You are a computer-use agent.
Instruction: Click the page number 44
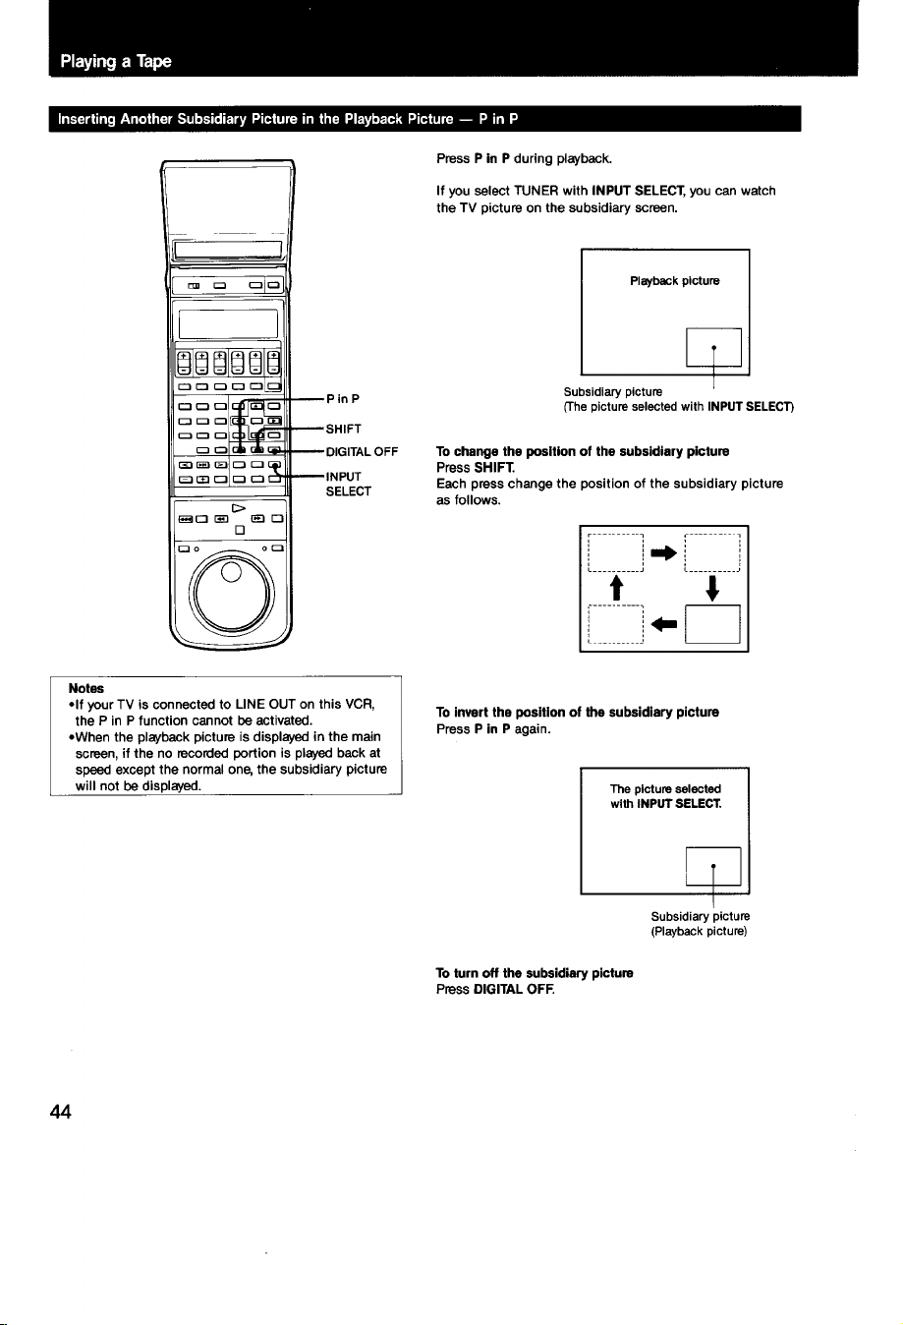61,1113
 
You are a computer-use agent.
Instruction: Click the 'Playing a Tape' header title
116,62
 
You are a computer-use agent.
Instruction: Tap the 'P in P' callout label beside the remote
342,399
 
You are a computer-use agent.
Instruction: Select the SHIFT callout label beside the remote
343,429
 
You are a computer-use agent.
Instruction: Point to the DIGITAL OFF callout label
362,452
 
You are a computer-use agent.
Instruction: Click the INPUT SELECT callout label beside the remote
348,484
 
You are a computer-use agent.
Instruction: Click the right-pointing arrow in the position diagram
663,553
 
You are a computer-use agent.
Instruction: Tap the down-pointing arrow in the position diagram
712,589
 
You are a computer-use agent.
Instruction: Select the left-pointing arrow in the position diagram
663,623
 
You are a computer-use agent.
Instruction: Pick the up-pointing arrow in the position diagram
617,588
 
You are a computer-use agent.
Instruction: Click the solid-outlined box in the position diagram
712,624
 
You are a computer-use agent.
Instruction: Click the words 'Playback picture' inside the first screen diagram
675,281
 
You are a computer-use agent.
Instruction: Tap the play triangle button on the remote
239,508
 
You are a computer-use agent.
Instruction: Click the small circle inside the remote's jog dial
231,571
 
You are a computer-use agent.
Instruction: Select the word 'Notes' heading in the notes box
86,688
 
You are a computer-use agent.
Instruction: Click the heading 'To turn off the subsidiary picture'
535,973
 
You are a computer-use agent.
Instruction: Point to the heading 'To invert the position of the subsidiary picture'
578,713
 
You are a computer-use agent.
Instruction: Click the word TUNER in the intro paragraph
536,191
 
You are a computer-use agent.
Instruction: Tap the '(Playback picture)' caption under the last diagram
699,931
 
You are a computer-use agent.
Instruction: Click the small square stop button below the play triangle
240,530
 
